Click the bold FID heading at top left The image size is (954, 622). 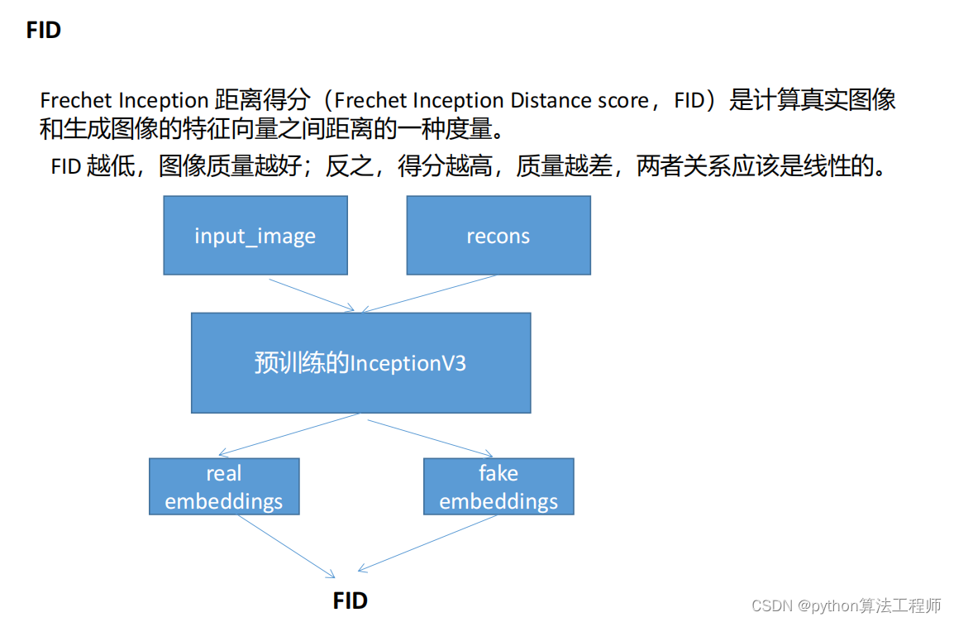click(x=44, y=31)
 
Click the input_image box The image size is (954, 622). click(x=255, y=236)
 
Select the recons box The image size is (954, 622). click(x=498, y=236)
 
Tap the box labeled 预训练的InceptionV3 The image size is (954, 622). click(x=360, y=363)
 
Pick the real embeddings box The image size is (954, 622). click(x=224, y=487)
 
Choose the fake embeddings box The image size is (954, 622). click(x=498, y=487)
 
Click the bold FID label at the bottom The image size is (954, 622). click(x=351, y=600)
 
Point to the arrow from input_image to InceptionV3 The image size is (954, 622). click(x=312, y=294)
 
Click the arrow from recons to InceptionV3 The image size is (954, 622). click(x=430, y=294)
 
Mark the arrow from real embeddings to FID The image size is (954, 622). click(x=285, y=546)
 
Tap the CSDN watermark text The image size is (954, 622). click(x=847, y=605)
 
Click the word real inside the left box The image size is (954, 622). click(x=224, y=474)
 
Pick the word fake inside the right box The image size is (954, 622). click(x=498, y=474)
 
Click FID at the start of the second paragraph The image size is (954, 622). click(x=65, y=166)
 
